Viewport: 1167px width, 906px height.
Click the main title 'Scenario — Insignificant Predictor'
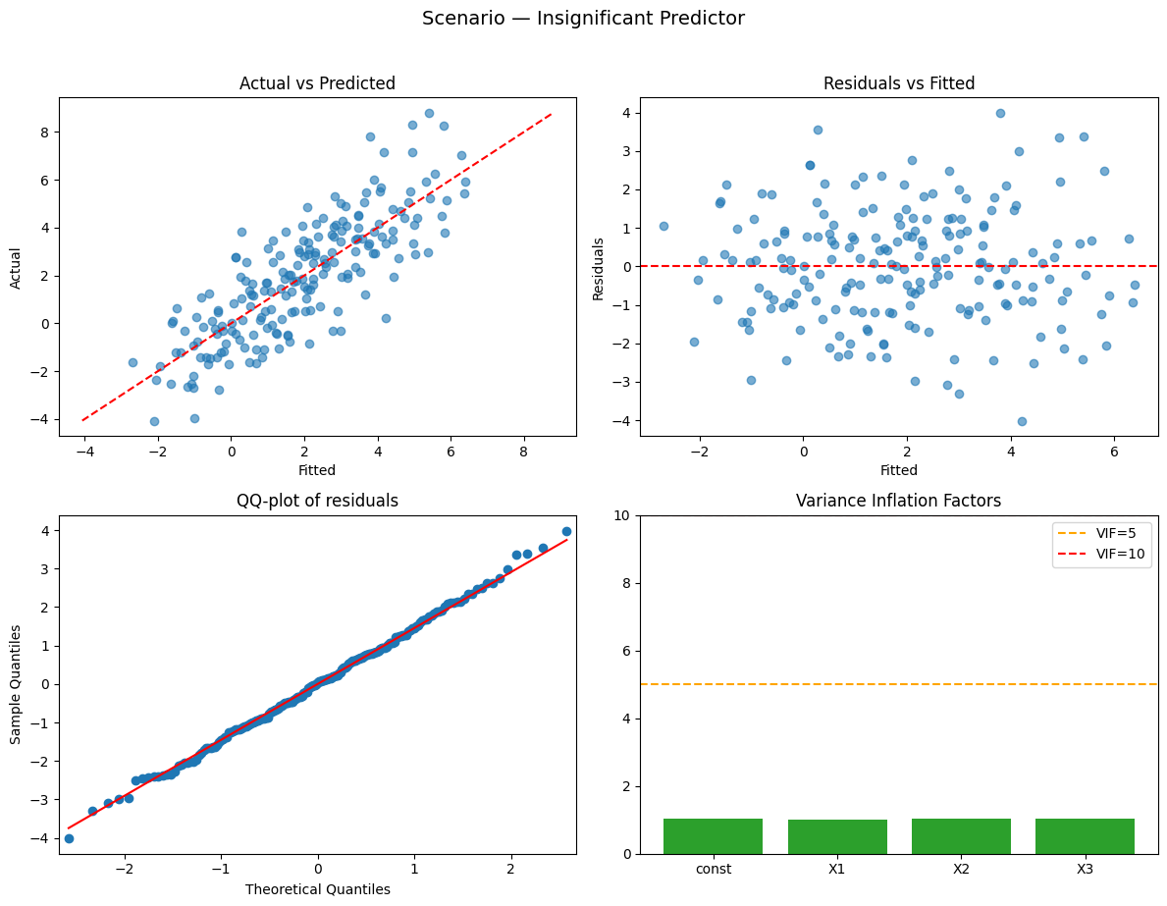pos(583,19)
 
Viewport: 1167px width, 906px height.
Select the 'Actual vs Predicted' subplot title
pos(317,84)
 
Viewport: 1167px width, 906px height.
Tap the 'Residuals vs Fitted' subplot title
pos(898,84)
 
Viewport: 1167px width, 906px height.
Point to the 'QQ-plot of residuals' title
pos(317,501)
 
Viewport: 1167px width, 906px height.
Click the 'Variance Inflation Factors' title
pos(898,501)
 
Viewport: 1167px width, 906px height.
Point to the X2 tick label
pos(961,869)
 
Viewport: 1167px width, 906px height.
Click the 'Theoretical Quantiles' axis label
pos(317,889)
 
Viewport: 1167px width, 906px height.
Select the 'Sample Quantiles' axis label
pos(17,684)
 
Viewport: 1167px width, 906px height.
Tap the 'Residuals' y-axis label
pos(599,266)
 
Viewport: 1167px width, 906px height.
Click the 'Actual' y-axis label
pos(17,266)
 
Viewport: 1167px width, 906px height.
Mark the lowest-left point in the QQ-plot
pos(69,838)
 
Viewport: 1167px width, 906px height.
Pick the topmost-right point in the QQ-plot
pos(566,531)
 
